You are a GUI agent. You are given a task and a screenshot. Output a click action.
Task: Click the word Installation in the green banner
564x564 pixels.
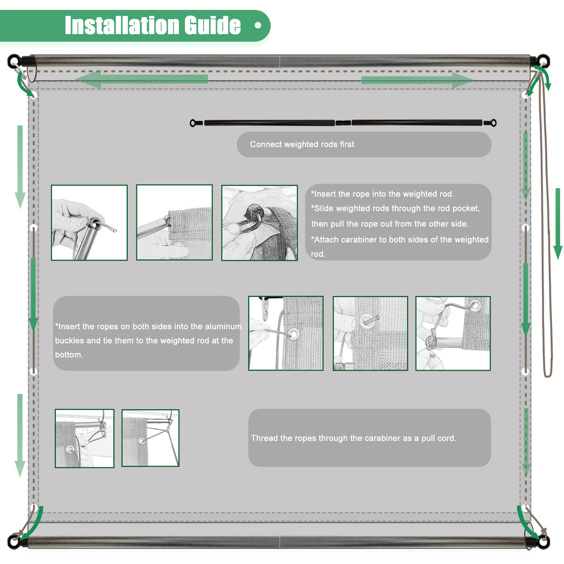122,25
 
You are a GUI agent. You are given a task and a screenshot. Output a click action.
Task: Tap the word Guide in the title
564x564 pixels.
213,25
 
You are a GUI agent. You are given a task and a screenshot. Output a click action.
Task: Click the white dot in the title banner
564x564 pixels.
257,25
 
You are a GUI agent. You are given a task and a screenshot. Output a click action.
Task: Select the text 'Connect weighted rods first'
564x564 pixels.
302,144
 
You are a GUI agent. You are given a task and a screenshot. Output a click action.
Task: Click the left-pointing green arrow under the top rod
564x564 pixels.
142,79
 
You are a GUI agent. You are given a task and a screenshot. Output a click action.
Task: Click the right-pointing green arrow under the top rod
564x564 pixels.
417,80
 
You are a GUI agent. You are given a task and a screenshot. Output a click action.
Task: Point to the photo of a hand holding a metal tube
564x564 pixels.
89,223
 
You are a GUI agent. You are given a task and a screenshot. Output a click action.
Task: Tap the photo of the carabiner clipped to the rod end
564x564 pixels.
259,223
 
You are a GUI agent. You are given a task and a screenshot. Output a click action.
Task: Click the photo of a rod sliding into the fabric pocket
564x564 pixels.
175,222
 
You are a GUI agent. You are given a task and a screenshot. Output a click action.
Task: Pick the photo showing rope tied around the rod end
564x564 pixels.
453,334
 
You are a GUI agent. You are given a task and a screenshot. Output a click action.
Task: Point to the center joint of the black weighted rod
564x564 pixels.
343,122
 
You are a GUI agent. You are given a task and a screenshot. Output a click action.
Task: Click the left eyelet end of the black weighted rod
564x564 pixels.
194,123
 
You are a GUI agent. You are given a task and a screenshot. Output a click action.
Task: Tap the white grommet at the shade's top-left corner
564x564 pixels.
34,95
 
